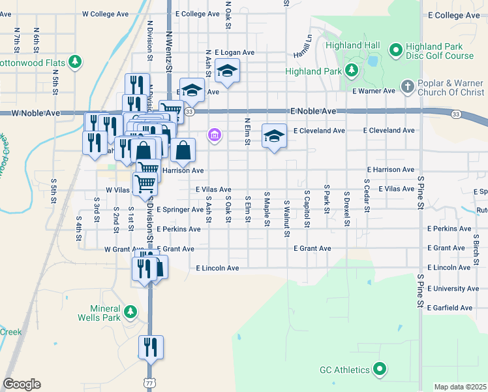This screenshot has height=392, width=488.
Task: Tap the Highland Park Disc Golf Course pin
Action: tap(395, 50)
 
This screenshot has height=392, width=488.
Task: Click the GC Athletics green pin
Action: tap(379, 370)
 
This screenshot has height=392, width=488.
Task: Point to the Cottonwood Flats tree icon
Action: tap(76, 62)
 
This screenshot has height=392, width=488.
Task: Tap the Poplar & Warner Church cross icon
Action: tap(407, 86)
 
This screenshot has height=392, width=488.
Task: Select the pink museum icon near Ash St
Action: tap(213, 136)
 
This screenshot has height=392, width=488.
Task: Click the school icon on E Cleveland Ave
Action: tap(275, 136)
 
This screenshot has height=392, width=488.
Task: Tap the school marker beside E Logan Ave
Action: tap(228, 71)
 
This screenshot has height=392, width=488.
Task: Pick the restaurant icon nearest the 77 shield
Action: tap(151, 348)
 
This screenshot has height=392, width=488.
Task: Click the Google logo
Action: tap(22, 384)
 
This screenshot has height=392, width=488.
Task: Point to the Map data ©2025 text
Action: tap(460, 387)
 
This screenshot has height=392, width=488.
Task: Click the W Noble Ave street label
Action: tap(36, 113)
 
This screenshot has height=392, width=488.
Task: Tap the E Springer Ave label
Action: tap(180, 210)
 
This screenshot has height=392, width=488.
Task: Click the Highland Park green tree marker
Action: tap(353, 70)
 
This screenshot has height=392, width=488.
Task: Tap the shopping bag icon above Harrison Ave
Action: tap(184, 151)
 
